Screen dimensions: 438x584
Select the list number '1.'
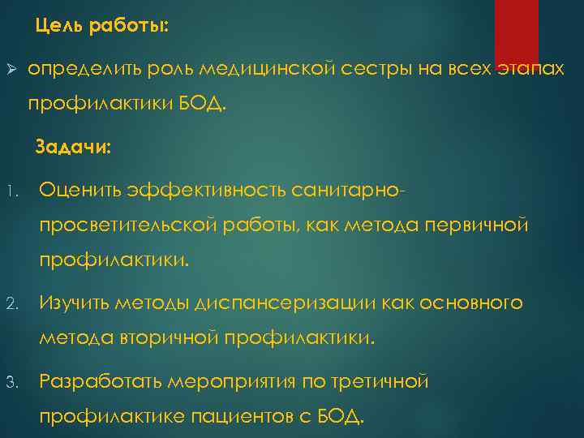[13, 192]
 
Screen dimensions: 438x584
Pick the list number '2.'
[13, 305]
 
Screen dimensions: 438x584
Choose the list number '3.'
[13, 382]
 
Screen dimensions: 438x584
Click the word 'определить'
[84, 71]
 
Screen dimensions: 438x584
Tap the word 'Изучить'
[75, 303]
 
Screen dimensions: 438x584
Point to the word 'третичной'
[380, 380]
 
